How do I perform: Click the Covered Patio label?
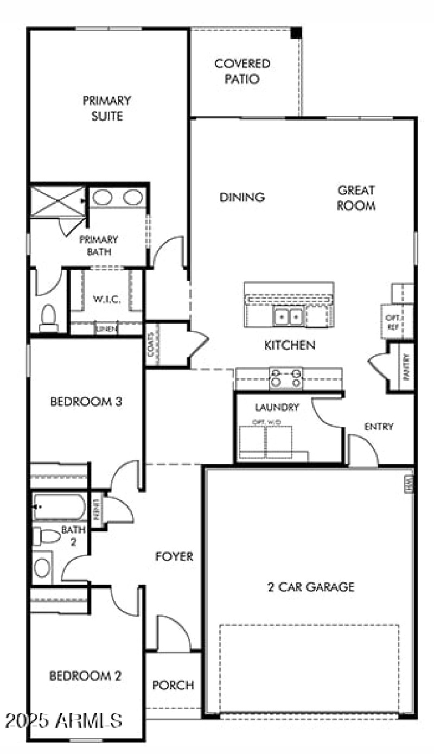(x=242, y=71)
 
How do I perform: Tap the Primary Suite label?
(x=106, y=108)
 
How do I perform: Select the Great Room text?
(x=356, y=198)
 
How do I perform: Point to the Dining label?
(x=242, y=197)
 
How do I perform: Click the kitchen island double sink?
(x=288, y=316)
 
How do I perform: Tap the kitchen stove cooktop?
(x=286, y=378)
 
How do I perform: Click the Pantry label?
(x=407, y=366)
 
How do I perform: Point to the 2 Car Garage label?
(x=311, y=587)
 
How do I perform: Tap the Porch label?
(x=173, y=685)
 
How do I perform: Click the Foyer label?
(x=174, y=556)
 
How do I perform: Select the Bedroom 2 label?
(x=85, y=676)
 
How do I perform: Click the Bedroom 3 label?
(x=86, y=402)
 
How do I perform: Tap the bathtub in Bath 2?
(x=59, y=506)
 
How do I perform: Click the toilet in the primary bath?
(x=49, y=318)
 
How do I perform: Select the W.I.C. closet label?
(x=106, y=300)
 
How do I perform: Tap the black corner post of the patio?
(x=296, y=33)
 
